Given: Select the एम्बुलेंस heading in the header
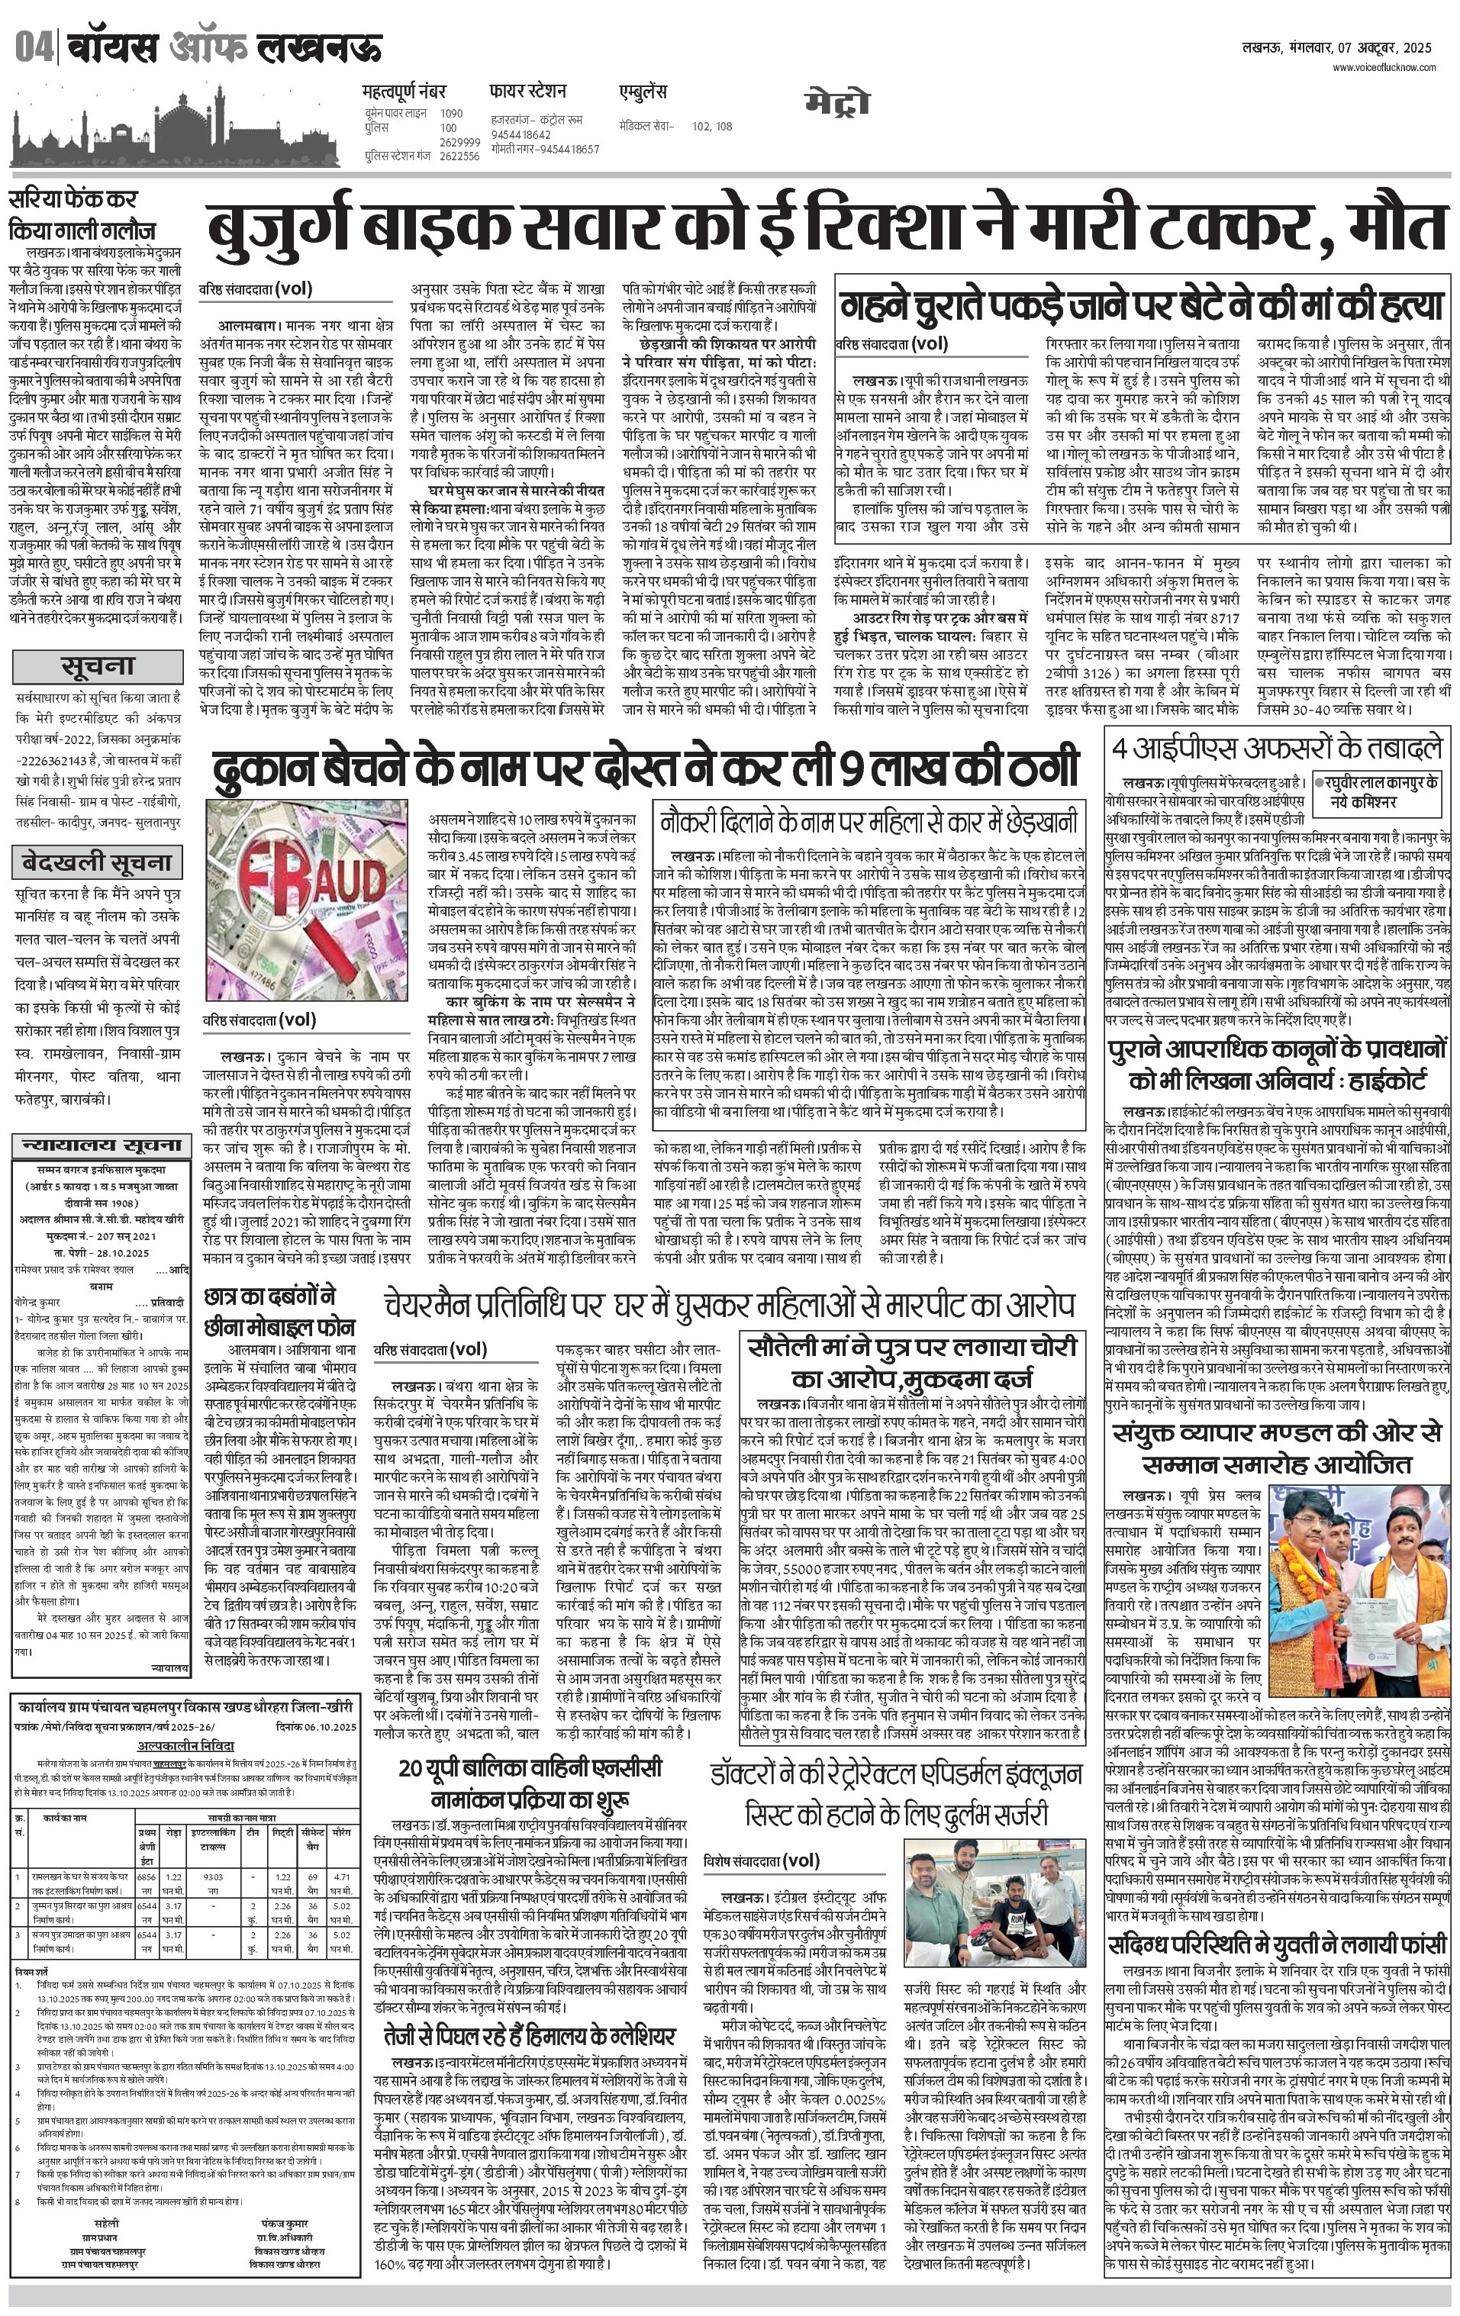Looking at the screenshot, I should tap(643, 92).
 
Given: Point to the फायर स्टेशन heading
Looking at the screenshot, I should tap(527, 92).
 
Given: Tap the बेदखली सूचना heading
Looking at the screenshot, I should tap(97, 862).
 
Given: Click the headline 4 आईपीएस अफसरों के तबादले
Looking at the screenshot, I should tap(1278, 749).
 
